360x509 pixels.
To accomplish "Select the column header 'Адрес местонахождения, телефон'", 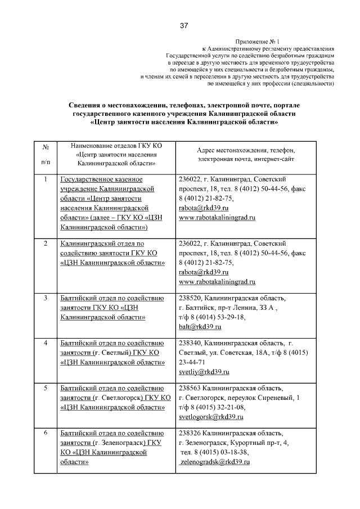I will click(246, 150).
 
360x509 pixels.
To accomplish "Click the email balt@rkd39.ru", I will click(197, 327).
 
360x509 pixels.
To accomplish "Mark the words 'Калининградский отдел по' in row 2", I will click(102, 244).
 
